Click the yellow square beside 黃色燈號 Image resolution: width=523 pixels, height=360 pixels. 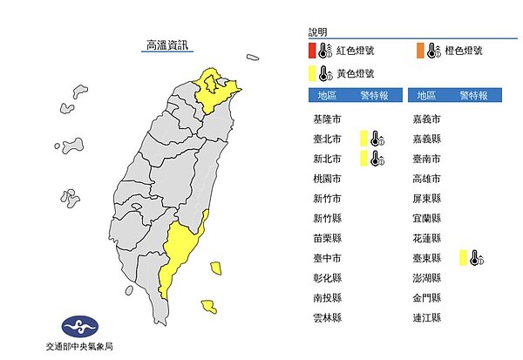(311, 73)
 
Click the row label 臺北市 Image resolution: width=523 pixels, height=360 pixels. (327, 139)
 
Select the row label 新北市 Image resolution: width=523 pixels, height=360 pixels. (327, 159)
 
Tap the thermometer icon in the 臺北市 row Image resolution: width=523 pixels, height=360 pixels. (376, 138)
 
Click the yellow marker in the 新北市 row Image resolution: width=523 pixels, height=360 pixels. (363, 158)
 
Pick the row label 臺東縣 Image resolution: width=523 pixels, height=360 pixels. (429, 258)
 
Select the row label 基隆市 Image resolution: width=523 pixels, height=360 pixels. (327, 119)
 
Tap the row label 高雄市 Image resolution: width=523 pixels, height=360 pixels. (429, 179)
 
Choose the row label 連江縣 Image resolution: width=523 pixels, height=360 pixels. (429, 318)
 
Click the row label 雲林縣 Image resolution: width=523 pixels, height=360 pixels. (327, 318)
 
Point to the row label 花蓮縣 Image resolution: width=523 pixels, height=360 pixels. (429, 238)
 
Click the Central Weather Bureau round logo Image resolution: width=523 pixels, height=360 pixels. (78, 328)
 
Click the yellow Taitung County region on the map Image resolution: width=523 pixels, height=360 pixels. (178, 253)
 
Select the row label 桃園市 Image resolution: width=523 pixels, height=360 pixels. (327, 179)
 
